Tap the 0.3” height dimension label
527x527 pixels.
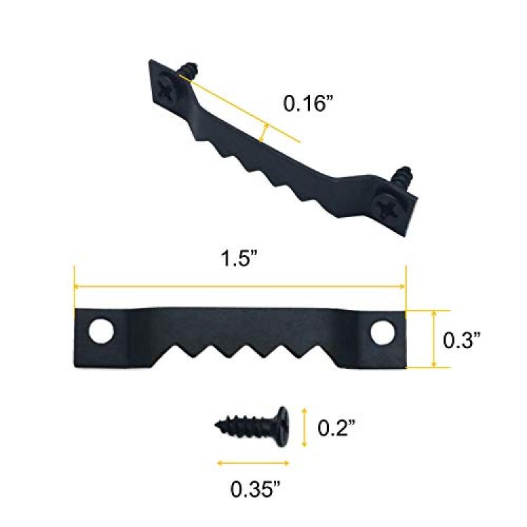point(462,340)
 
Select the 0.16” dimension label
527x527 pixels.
point(306,103)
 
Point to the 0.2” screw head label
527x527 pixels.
point(337,427)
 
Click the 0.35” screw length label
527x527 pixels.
point(255,488)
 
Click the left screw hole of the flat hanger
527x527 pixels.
point(101,330)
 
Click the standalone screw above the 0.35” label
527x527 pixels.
point(252,427)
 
